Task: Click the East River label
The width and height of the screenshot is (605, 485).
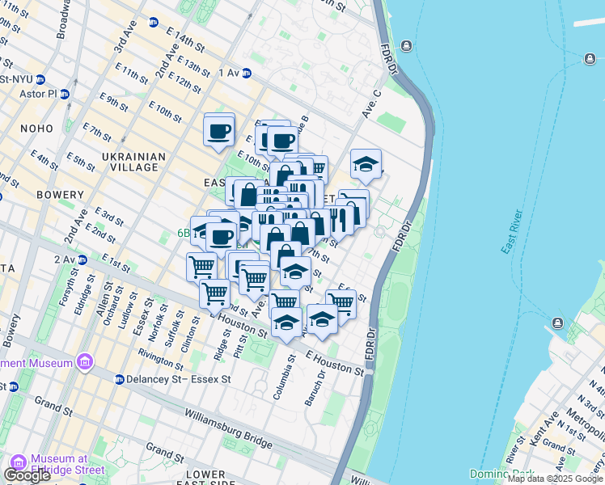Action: coord(509,233)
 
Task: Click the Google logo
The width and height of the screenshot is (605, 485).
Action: coord(27,475)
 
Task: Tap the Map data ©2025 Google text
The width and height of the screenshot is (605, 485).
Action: coord(555,479)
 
